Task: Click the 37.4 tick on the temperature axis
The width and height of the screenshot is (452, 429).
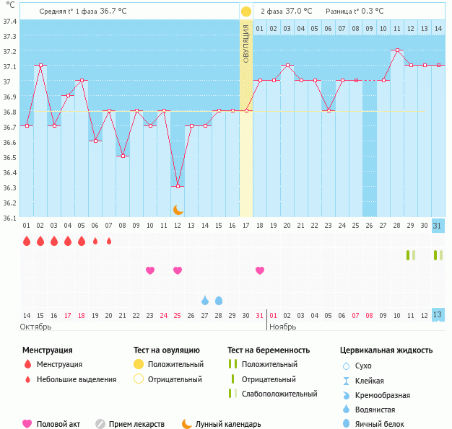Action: pos(9,22)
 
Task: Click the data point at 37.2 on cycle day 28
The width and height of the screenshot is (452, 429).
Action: pos(397,50)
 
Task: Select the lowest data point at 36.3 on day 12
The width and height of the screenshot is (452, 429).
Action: pos(178,186)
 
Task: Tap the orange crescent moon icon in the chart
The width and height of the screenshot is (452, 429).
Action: pos(178,210)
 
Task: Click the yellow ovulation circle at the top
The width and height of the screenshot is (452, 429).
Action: pos(246,12)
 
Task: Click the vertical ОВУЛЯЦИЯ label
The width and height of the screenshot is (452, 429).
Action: pos(246,43)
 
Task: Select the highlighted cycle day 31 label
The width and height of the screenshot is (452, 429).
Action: pos(438,226)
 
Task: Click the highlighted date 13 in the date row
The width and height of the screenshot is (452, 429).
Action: pos(438,315)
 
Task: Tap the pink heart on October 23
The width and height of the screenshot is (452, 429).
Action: pos(150,270)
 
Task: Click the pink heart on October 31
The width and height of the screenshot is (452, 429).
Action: pos(260,270)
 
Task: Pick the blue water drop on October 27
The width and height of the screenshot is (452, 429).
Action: pos(205,300)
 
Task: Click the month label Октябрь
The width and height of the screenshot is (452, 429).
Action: pos(36,327)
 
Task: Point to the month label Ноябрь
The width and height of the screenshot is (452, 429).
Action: pos(282,327)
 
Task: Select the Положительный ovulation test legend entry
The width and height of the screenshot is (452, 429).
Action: pos(175,365)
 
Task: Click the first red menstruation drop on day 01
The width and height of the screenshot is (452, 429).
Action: pos(27,241)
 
